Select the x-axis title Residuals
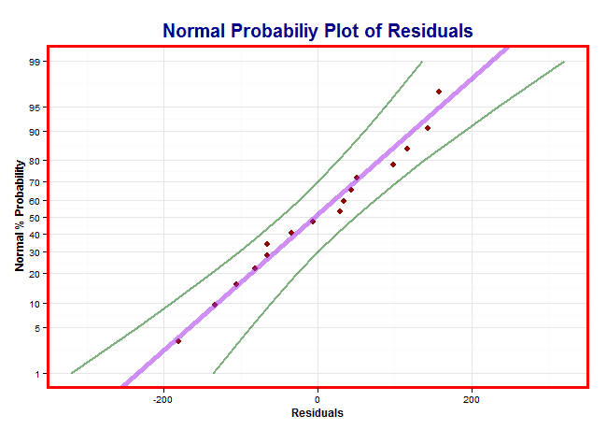click(x=318, y=413)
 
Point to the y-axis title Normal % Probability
click(x=20, y=216)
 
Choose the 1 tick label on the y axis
click(x=36, y=374)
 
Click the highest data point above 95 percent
click(x=439, y=92)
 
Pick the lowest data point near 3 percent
click(x=178, y=341)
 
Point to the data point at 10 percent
click(x=215, y=305)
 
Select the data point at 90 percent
click(x=427, y=128)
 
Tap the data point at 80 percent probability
click(x=393, y=165)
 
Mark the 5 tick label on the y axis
click(x=36, y=328)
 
